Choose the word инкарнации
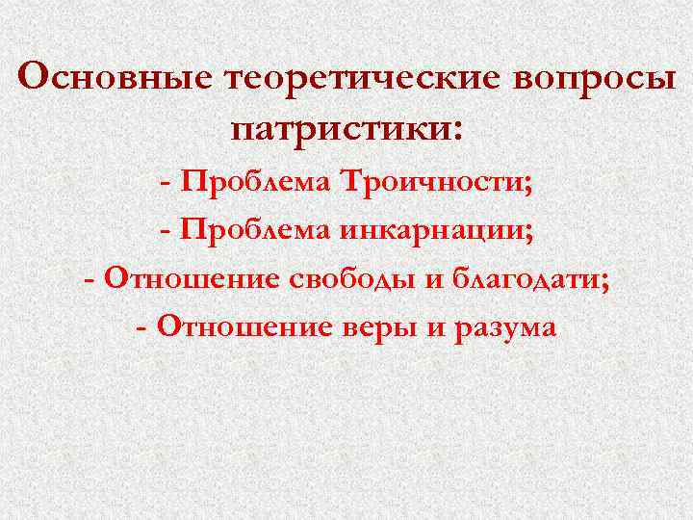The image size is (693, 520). [x=435, y=230]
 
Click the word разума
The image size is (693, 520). [x=503, y=328]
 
